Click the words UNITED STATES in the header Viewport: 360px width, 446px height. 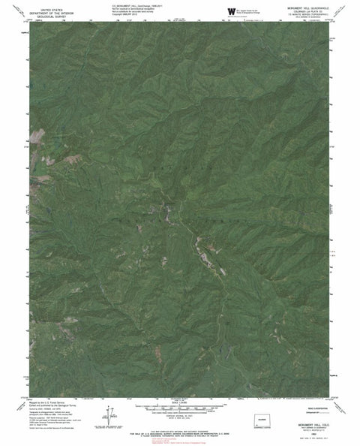[43, 5]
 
